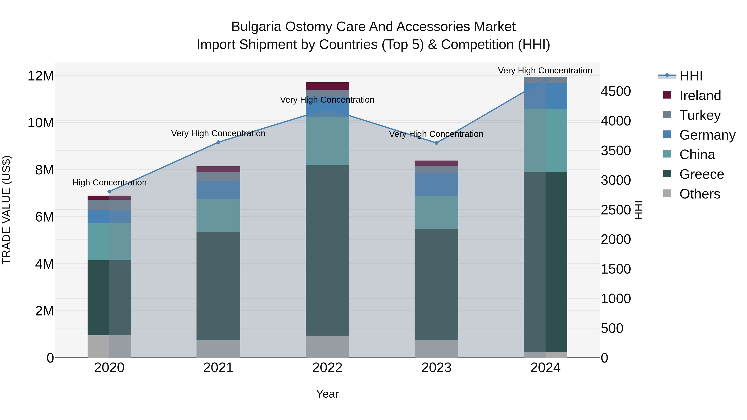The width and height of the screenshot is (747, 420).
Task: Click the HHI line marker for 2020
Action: [109, 192]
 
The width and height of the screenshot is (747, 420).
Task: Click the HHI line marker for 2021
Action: [218, 142]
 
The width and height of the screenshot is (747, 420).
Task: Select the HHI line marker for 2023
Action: [436, 143]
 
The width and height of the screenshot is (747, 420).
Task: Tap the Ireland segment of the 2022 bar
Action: [327, 86]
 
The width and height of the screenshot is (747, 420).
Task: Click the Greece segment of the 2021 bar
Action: [218, 286]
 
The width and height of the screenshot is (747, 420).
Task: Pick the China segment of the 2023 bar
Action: [436, 213]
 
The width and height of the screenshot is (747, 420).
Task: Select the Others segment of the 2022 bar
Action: [327, 347]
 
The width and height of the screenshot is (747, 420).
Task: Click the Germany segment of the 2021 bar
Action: [218, 190]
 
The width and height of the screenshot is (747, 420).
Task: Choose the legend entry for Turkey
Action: [699, 115]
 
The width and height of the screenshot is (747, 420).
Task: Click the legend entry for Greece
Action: [701, 174]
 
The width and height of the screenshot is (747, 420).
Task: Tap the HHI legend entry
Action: [690, 76]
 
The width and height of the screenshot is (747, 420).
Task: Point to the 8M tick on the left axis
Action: [44, 170]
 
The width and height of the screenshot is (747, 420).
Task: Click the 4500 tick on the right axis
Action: [616, 91]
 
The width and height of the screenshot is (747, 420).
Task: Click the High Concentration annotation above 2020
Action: [109, 183]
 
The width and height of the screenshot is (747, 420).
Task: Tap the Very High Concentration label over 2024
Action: [545, 71]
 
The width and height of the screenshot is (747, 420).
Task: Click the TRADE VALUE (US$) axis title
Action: [6, 210]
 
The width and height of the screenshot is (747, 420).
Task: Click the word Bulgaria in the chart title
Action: [256, 27]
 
